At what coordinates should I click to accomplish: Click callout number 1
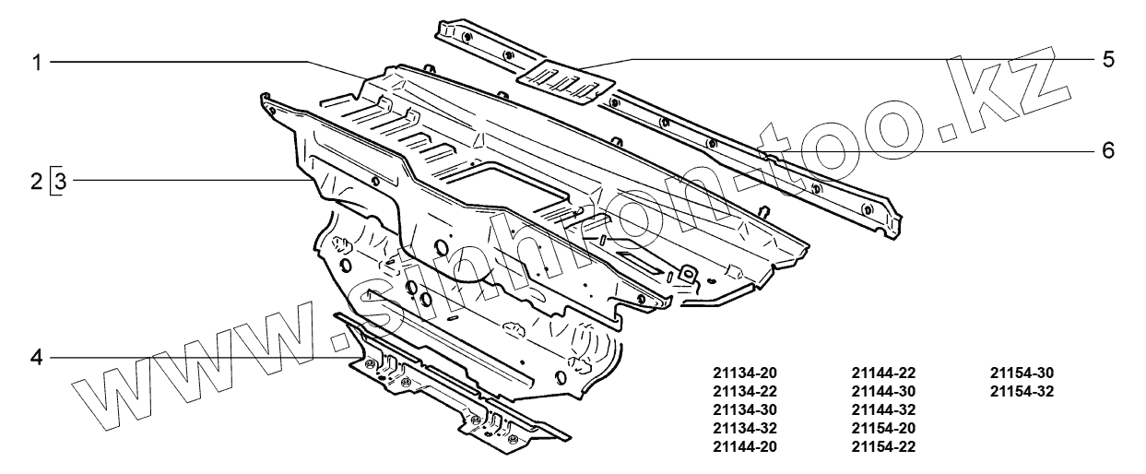click(38, 62)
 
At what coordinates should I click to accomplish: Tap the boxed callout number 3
click(58, 181)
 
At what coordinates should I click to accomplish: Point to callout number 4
click(38, 356)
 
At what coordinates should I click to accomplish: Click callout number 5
click(1107, 60)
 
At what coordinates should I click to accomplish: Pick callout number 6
click(1107, 149)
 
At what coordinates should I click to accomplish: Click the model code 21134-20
click(745, 373)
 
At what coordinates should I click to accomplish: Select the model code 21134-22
click(745, 392)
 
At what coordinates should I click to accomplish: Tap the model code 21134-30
click(745, 410)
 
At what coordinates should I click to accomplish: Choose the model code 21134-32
click(745, 429)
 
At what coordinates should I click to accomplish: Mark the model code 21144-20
click(745, 447)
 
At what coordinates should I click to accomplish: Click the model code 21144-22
click(883, 373)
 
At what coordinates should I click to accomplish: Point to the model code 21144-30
click(883, 392)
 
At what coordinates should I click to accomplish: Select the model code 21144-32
click(883, 410)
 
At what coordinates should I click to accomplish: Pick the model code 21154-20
click(883, 429)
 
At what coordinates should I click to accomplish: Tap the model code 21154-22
click(883, 447)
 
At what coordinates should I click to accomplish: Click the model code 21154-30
click(1022, 373)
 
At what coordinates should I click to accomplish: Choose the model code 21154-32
click(1022, 392)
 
